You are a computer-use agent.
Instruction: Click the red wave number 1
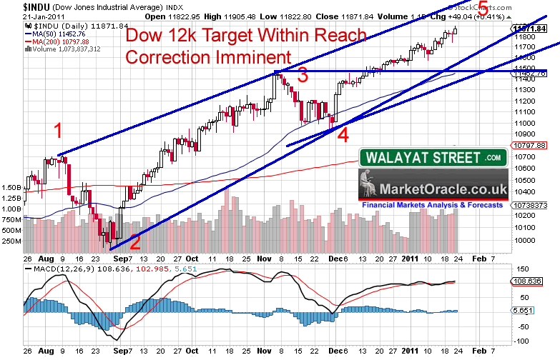(59, 130)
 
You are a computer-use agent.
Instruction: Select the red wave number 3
(303, 75)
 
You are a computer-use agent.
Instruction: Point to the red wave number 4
(343, 134)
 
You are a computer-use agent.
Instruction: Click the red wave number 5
(483, 9)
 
